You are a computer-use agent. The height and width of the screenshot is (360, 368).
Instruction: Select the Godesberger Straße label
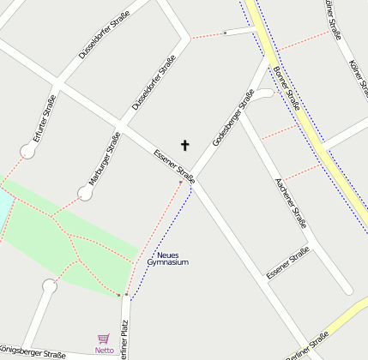pyautogui.click(x=232, y=123)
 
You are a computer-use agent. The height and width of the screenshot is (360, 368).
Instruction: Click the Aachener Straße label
pyautogui.click(x=290, y=203)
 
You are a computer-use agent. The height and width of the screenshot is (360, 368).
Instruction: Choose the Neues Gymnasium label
pyautogui.click(x=167, y=259)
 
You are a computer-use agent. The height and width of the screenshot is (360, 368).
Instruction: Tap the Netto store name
pyautogui.click(x=104, y=350)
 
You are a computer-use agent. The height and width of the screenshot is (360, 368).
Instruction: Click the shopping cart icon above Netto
pyautogui.click(x=104, y=339)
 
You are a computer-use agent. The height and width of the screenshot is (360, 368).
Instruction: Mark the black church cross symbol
pyautogui.click(x=184, y=145)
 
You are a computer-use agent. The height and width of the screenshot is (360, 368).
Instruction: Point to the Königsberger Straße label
pyautogui.click(x=33, y=352)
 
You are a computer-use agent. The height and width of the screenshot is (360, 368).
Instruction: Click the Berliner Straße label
pyautogui.click(x=306, y=349)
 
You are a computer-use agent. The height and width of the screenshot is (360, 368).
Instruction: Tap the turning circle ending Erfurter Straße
pyautogui.click(x=29, y=152)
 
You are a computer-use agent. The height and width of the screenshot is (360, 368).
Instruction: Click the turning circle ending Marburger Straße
pyautogui.click(x=85, y=194)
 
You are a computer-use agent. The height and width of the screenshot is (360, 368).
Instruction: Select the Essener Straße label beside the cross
pyautogui.click(x=173, y=166)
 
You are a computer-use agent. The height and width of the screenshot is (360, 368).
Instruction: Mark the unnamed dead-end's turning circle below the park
pyautogui.click(x=50, y=286)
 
